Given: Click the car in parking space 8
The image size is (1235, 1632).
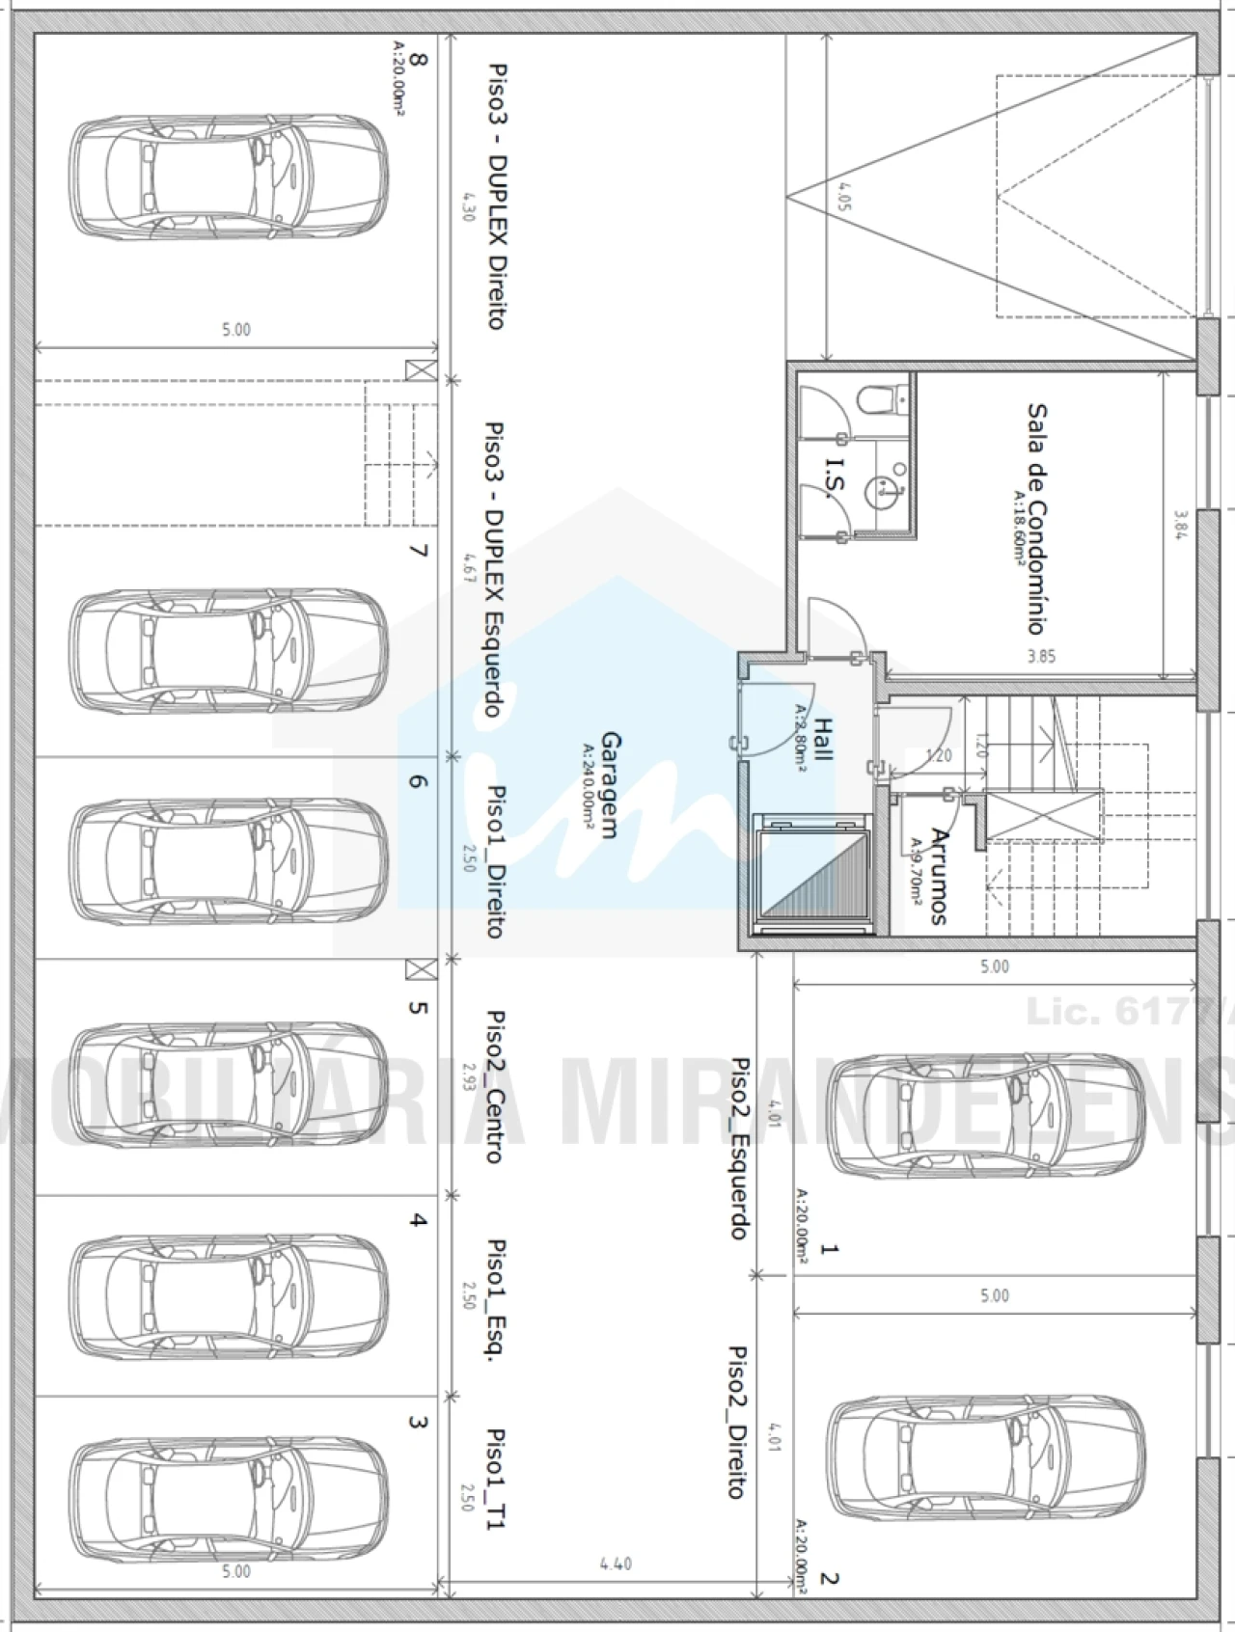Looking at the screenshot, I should tap(230, 177).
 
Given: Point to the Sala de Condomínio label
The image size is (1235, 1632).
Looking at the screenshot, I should tap(1035, 518).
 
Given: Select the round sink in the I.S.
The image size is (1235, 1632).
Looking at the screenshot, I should tap(883, 489).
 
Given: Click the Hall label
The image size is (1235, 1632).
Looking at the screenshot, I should tap(822, 739).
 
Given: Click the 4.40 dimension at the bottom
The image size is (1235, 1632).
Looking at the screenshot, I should tap(615, 1564).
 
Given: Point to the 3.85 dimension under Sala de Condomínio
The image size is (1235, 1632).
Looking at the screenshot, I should tap(1041, 657).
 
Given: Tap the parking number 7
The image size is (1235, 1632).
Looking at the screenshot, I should tap(417, 551).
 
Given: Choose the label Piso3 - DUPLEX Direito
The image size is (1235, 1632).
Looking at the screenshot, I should tap(496, 197).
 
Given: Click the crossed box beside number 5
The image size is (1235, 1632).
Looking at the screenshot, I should tap(420, 968).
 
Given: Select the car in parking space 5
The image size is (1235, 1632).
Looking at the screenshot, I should tap(230, 1074).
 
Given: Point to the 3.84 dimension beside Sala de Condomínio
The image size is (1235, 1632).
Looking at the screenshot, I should tap(1179, 525).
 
